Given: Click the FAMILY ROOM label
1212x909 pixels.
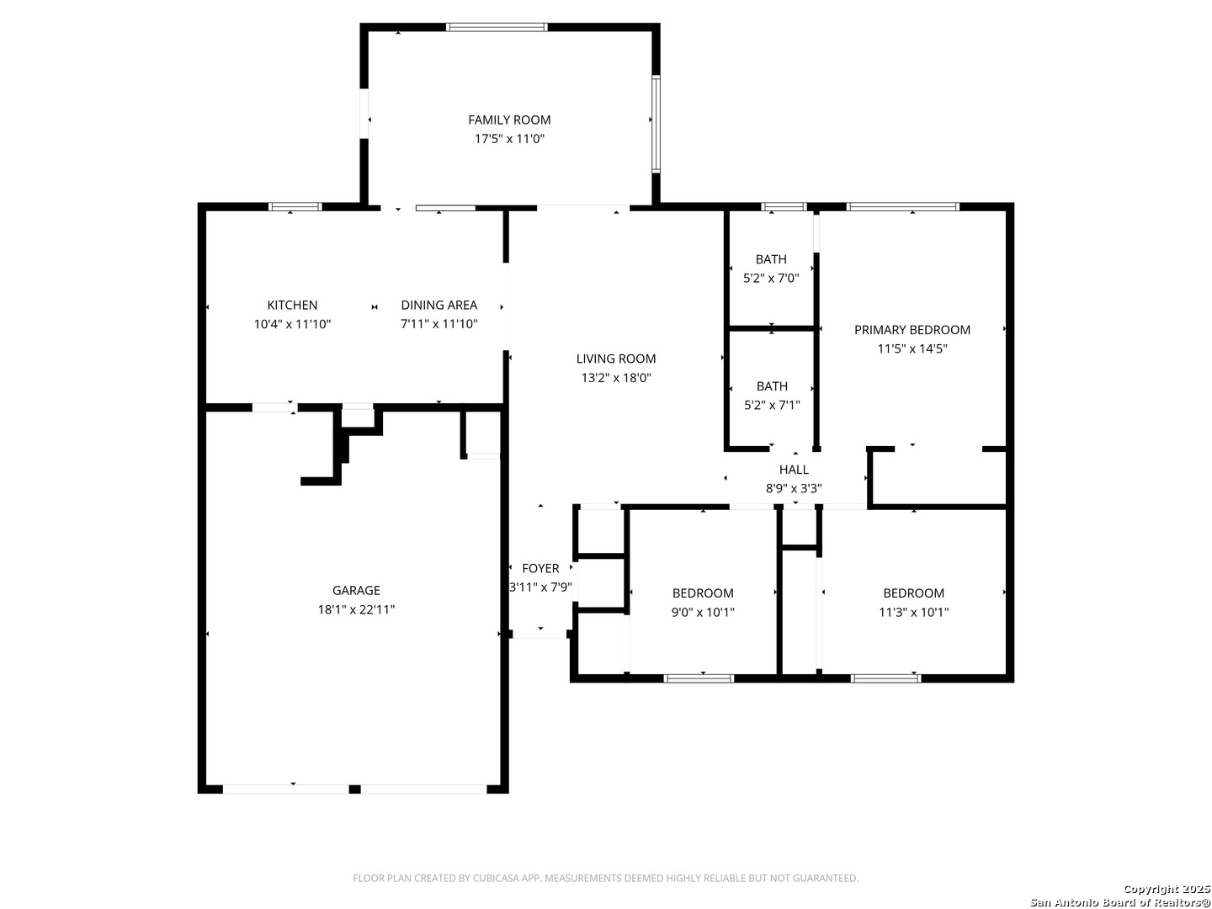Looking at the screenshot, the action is pos(508,120).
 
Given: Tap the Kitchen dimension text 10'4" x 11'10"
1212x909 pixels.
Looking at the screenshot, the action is pos(292,324).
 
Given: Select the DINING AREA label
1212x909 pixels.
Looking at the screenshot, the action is pos(439,306).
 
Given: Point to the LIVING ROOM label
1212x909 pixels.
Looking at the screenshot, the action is pos(615,359).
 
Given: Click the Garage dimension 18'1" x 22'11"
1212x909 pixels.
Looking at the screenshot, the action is pos(356,609).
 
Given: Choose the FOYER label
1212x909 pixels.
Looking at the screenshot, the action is pos(540,568).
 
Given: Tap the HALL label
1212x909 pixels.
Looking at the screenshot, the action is pos(794,470).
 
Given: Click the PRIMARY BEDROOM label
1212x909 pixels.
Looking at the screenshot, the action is pos(912,330).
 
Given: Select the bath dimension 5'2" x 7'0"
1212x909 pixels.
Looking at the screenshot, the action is pos(771,278).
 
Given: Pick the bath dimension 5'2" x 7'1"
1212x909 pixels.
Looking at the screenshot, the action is pos(771,405).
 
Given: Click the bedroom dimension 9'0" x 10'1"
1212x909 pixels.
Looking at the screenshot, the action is pos(702,612).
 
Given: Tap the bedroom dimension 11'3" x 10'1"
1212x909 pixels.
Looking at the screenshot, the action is pos(913,612).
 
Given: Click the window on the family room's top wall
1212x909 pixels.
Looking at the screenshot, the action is pos(497,27).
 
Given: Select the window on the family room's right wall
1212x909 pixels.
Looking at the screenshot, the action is pos(656,125).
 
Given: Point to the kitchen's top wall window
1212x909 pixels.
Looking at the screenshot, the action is pos(295,207).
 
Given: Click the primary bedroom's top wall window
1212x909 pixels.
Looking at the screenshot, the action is pos(902,207).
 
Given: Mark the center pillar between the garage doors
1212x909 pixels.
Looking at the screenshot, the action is pos(354,789).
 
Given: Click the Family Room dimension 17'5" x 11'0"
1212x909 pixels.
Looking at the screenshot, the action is pos(509,139).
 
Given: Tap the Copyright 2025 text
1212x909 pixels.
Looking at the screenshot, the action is pos(1167,889).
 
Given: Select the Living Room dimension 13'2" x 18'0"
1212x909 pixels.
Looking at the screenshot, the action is pos(615,378).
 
